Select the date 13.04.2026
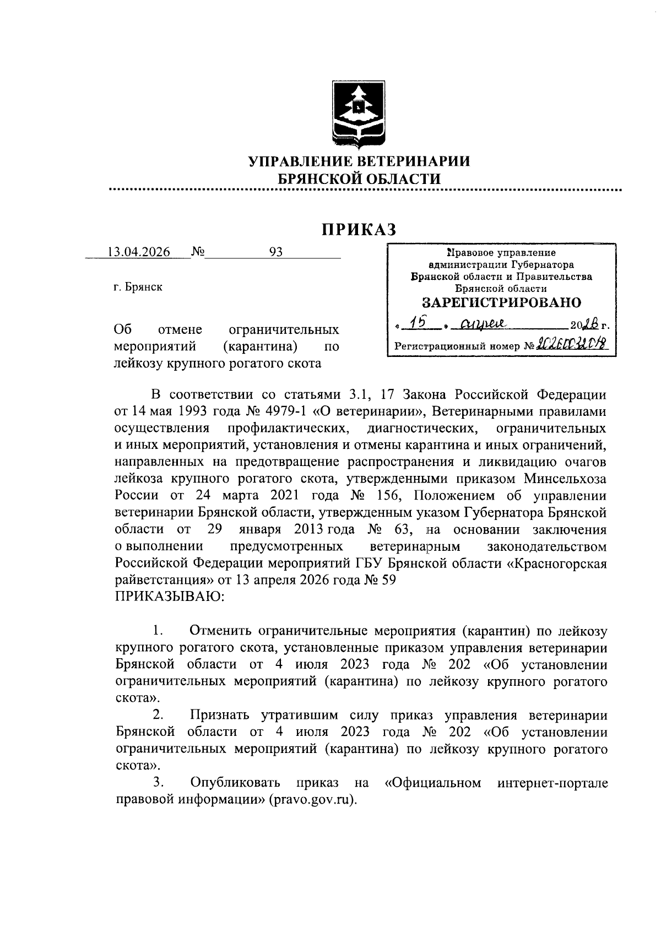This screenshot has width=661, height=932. (x=138, y=252)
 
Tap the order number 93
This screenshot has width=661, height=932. (x=275, y=252)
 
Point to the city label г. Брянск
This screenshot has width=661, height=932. (x=138, y=287)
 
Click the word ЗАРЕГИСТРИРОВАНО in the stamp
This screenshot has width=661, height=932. (x=501, y=302)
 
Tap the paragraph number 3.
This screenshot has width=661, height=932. (x=158, y=782)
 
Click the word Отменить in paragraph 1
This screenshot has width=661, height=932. (x=221, y=631)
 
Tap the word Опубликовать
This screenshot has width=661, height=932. (x=235, y=782)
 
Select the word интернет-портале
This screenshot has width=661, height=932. (x=552, y=782)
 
